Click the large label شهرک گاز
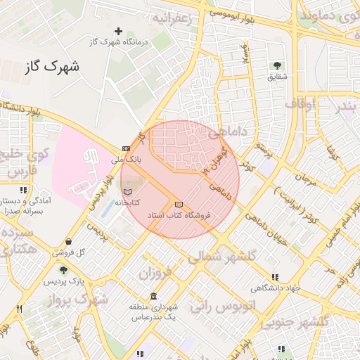51,67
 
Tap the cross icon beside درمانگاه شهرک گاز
118,31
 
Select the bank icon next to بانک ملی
126,148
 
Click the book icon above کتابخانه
127,192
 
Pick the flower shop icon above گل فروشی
67,241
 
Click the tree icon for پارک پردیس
63,270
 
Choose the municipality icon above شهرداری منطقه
154,297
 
